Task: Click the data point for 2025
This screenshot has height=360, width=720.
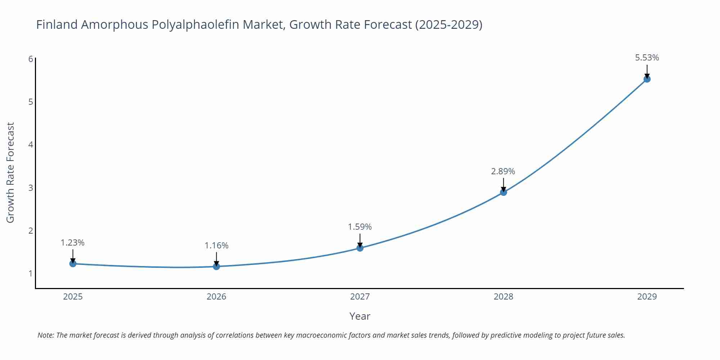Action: pyautogui.click(x=73, y=264)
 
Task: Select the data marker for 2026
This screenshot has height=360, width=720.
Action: pyautogui.click(x=216, y=266)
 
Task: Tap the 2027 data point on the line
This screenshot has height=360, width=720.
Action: pyautogui.click(x=360, y=248)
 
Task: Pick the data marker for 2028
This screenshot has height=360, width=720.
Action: pyautogui.click(x=503, y=192)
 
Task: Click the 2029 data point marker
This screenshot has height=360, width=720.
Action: pyautogui.click(x=647, y=79)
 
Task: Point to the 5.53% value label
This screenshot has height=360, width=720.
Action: pyautogui.click(x=647, y=58)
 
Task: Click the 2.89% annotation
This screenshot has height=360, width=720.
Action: pyautogui.click(x=503, y=171)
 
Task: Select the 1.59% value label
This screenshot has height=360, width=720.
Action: pyautogui.click(x=360, y=227)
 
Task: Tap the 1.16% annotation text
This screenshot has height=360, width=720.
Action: pyautogui.click(x=216, y=246)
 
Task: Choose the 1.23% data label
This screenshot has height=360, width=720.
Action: pyautogui.click(x=72, y=243)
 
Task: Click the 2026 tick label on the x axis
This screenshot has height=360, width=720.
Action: pyautogui.click(x=216, y=297)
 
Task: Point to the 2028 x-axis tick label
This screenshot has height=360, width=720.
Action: pyautogui.click(x=503, y=297)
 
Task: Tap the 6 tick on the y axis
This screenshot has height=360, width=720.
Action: pyautogui.click(x=31, y=59)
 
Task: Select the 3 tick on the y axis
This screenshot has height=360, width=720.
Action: pyautogui.click(x=31, y=188)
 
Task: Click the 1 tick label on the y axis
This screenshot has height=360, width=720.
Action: pyautogui.click(x=31, y=274)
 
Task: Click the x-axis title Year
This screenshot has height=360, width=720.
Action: pyautogui.click(x=360, y=316)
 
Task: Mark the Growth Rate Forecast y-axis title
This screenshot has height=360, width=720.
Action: pyautogui.click(x=10, y=172)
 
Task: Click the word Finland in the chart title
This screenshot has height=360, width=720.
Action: pyautogui.click(x=57, y=24)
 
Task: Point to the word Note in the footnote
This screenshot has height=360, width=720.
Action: pyautogui.click(x=45, y=335)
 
